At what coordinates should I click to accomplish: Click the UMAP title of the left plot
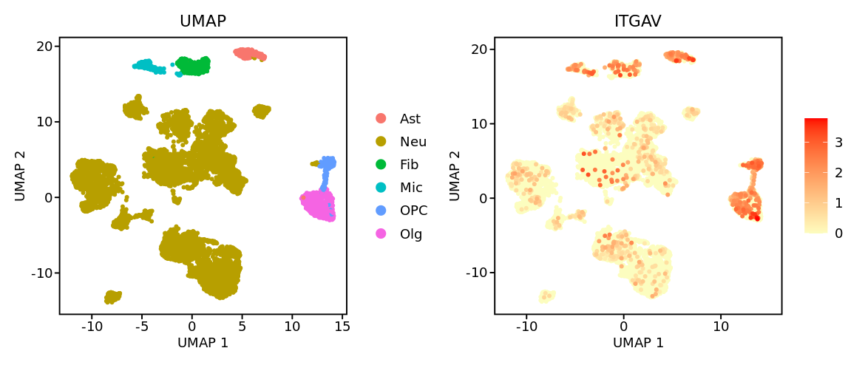[203, 22]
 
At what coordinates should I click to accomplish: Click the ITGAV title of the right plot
[637, 22]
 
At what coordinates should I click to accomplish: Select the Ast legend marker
[381, 118]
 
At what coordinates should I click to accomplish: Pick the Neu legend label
[413, 142]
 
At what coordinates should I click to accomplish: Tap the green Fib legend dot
[381, 165]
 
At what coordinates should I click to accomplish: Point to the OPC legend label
[413, 211]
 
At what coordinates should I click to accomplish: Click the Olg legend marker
[381, 233]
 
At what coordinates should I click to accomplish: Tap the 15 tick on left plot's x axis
[342, 324]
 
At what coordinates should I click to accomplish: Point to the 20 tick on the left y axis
[46, 46]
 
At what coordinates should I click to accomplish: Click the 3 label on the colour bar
[838, 143]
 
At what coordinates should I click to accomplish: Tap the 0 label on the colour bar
[838, 233]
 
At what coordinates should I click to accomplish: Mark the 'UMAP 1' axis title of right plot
[638, 343]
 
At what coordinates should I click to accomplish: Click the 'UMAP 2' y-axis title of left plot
[20, 175]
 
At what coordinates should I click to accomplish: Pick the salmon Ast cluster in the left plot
[249, 54]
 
